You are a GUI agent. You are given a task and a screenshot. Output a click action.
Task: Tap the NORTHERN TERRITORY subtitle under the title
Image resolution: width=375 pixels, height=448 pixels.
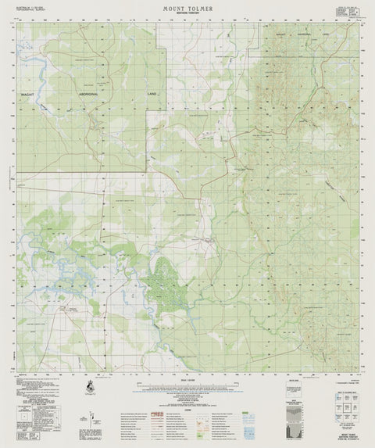tap(187, 14)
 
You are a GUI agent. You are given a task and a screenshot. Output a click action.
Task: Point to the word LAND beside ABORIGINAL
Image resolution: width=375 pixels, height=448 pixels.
tap(152, 93)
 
